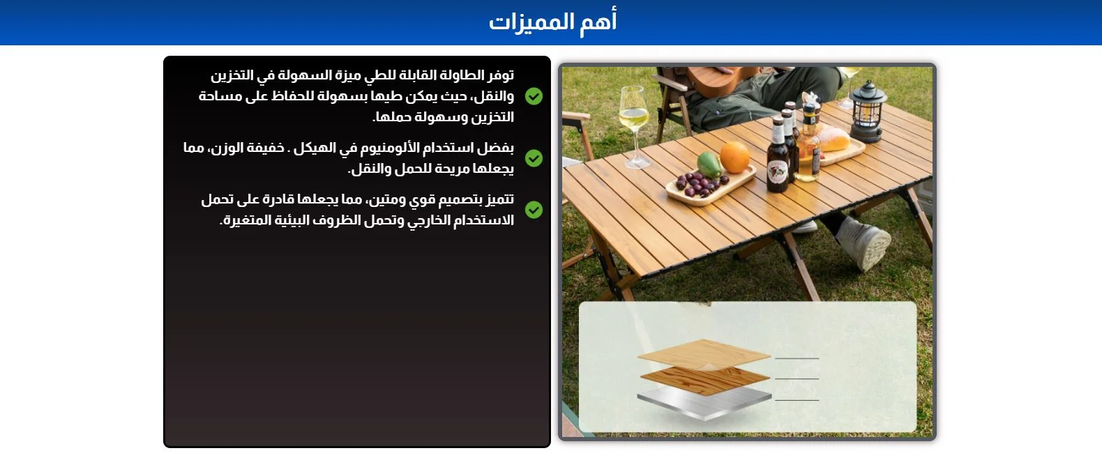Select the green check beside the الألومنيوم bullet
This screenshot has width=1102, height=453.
coord(534,158)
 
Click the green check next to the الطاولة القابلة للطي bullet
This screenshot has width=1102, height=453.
coord(534,95)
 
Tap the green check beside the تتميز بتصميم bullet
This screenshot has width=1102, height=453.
coord(534,210)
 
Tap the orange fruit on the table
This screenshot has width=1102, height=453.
coord(735,158)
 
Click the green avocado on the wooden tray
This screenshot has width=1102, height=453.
coord(709,164)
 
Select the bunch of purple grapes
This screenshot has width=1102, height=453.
coord(700,184)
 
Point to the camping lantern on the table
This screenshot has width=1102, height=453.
coord(868,112)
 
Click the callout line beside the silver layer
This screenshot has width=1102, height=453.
coord(797,401)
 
